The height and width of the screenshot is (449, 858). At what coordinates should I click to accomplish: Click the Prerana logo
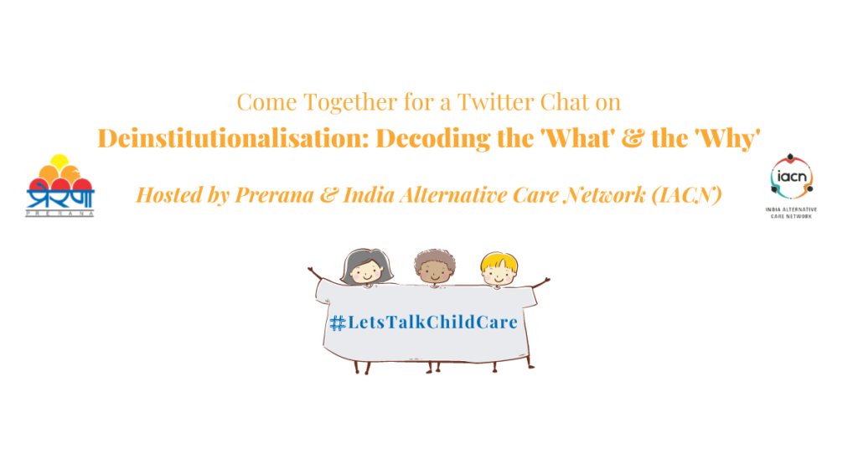pos(59,185)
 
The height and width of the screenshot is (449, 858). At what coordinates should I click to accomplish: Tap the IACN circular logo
pos(791,176)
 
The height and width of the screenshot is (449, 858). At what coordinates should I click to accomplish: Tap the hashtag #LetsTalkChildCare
pos(423,323)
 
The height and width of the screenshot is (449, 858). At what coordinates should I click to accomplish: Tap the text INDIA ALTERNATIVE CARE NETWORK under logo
pos(791,213)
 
